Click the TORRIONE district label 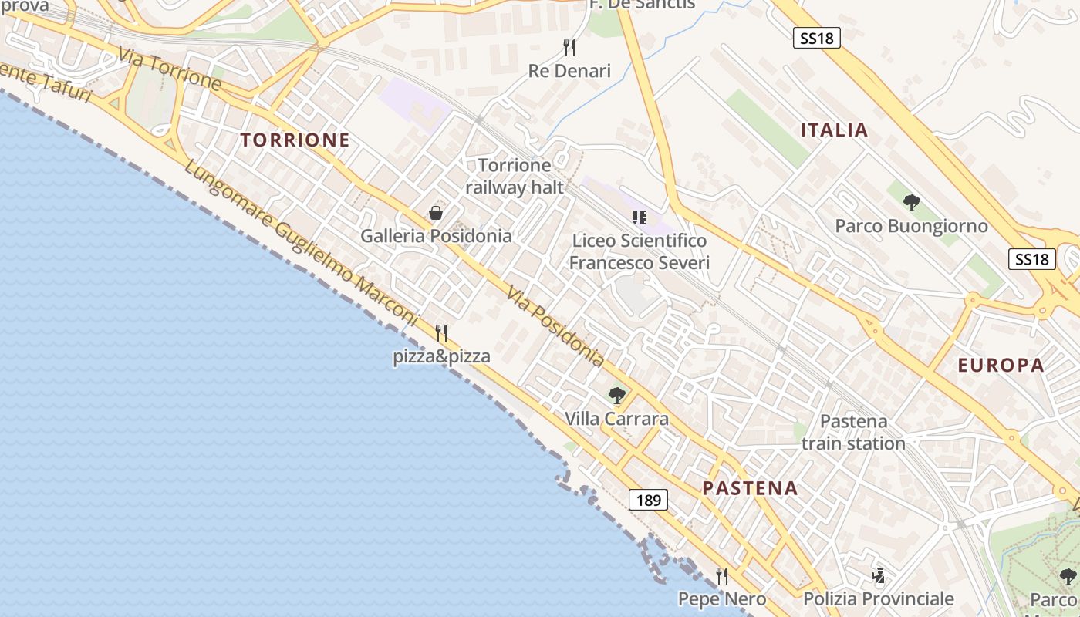tap(295, 140)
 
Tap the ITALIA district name tap(834, 130)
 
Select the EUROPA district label tap(1001, 366)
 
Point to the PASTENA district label tap(750, 488)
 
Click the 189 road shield tap(648, 500)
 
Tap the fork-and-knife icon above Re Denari tap(569, 48)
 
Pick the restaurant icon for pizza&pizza tap(441, 333)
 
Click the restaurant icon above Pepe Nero tap(722, 576)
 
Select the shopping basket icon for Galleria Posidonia tap(436, 213)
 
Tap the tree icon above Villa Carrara tap(616, 396)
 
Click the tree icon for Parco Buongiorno tap(912, 203)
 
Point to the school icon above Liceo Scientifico tap(639, 217)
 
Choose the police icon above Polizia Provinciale tap(878, 576)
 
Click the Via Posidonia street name tap(555, 325)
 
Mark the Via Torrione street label tap(170, 68)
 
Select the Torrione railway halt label tap(515, 176)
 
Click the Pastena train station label tap(853, 433)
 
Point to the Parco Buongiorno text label tap(911, 226)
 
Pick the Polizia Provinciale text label tap(879, 599)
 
